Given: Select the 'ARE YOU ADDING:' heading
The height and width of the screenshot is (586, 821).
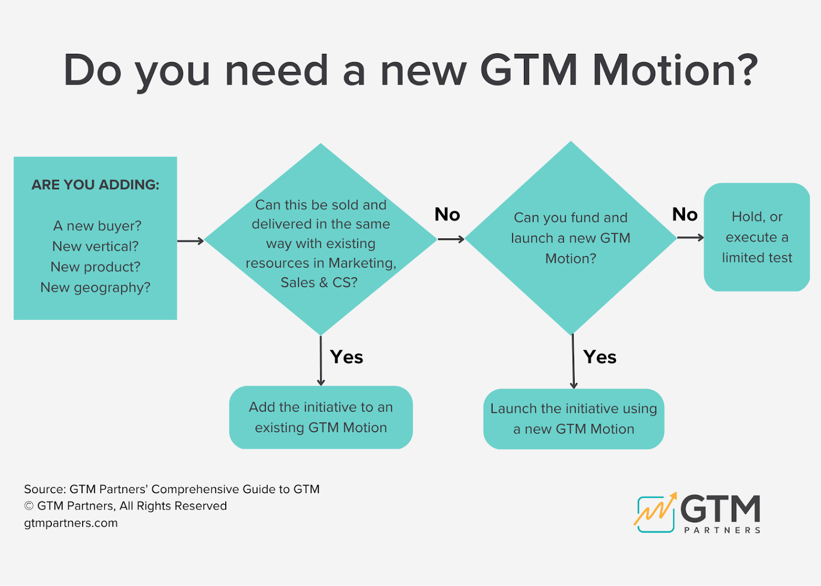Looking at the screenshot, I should pos(95,185).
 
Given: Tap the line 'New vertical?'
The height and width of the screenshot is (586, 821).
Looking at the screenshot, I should pos(95,247).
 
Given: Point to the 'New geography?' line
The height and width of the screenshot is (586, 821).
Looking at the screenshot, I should pos(95,288).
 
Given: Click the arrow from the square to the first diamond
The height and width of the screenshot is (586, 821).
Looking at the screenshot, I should pos(190,241).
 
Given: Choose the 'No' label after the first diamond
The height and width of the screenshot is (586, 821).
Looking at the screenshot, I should pos(447,214).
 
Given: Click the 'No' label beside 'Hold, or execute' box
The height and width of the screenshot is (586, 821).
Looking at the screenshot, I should pos(685,214).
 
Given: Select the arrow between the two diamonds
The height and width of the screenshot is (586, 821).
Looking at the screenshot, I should pos(451,239).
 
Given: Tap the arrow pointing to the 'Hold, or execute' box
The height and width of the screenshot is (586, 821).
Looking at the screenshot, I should pos(690,237).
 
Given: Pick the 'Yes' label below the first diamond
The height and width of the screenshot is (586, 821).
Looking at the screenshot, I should pos(346,357).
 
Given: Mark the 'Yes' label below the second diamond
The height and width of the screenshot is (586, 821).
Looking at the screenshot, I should pos(600,357).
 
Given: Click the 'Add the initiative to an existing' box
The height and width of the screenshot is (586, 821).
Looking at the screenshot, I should pos(321,417).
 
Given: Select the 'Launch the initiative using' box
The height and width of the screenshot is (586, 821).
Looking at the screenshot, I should pos(574,419).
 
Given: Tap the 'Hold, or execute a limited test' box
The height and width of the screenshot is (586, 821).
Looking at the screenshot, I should pos(757,237).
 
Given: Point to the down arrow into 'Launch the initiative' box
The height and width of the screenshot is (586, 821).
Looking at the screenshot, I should pos(573,361).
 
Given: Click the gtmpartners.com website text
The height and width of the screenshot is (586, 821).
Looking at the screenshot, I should pos(71,523).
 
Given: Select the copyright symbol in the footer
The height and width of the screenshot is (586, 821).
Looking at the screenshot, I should pos(29,506).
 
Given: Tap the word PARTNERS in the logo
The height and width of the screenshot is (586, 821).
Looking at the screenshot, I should pos(722,530).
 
